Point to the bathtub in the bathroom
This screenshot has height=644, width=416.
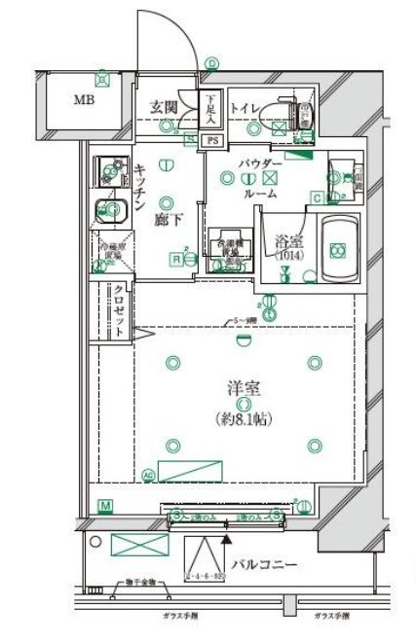click(338, 250)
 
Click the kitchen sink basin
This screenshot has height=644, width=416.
click(109, 210)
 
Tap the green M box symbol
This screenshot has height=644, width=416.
click(105, 505)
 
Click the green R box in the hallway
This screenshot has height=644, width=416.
click(178, 258)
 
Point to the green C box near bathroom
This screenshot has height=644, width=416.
click(317, 198)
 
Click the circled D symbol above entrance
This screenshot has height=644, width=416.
click(211, 63)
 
